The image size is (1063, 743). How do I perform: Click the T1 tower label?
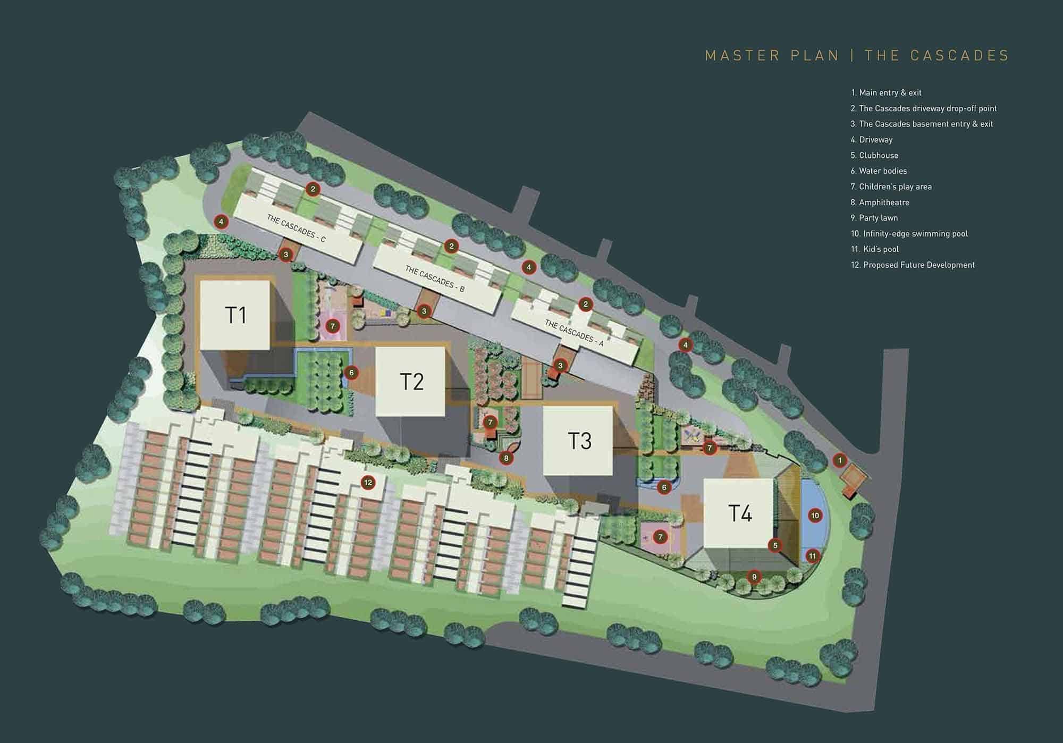coord(236,315)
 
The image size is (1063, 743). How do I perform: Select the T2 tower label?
coord(411,382)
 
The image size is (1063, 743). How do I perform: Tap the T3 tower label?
coord(579,441)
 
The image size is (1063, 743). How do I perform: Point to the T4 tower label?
coord(740,513)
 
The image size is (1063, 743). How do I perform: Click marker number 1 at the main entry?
coord(840,460)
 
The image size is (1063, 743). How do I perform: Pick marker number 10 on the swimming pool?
coord(815,516)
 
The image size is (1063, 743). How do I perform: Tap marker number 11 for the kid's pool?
coord(812,556)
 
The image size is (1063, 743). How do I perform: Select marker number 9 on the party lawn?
coord(754,577)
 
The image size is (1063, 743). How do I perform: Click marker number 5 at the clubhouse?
coord(775,545)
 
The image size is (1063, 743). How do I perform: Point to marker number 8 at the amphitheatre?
coord(506,458)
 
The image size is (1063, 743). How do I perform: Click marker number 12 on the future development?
coord(368,483)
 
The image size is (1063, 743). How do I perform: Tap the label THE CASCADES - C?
coord(296,229)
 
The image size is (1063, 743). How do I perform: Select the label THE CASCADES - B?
coord(435,279)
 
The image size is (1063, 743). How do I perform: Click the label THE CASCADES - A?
coord(574,333)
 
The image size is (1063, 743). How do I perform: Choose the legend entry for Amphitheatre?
coord(880,202)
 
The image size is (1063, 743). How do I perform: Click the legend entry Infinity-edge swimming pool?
coord(909,234)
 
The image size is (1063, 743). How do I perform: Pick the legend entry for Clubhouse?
coord(875,156)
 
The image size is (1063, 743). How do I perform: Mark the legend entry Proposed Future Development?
coord(913,265)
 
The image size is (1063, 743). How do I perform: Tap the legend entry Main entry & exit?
coord(887,93)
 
